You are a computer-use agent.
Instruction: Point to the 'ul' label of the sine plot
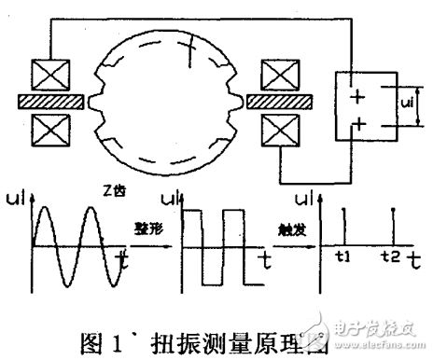click(21, 199)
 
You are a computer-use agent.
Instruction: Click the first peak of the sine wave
click(50, 208)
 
